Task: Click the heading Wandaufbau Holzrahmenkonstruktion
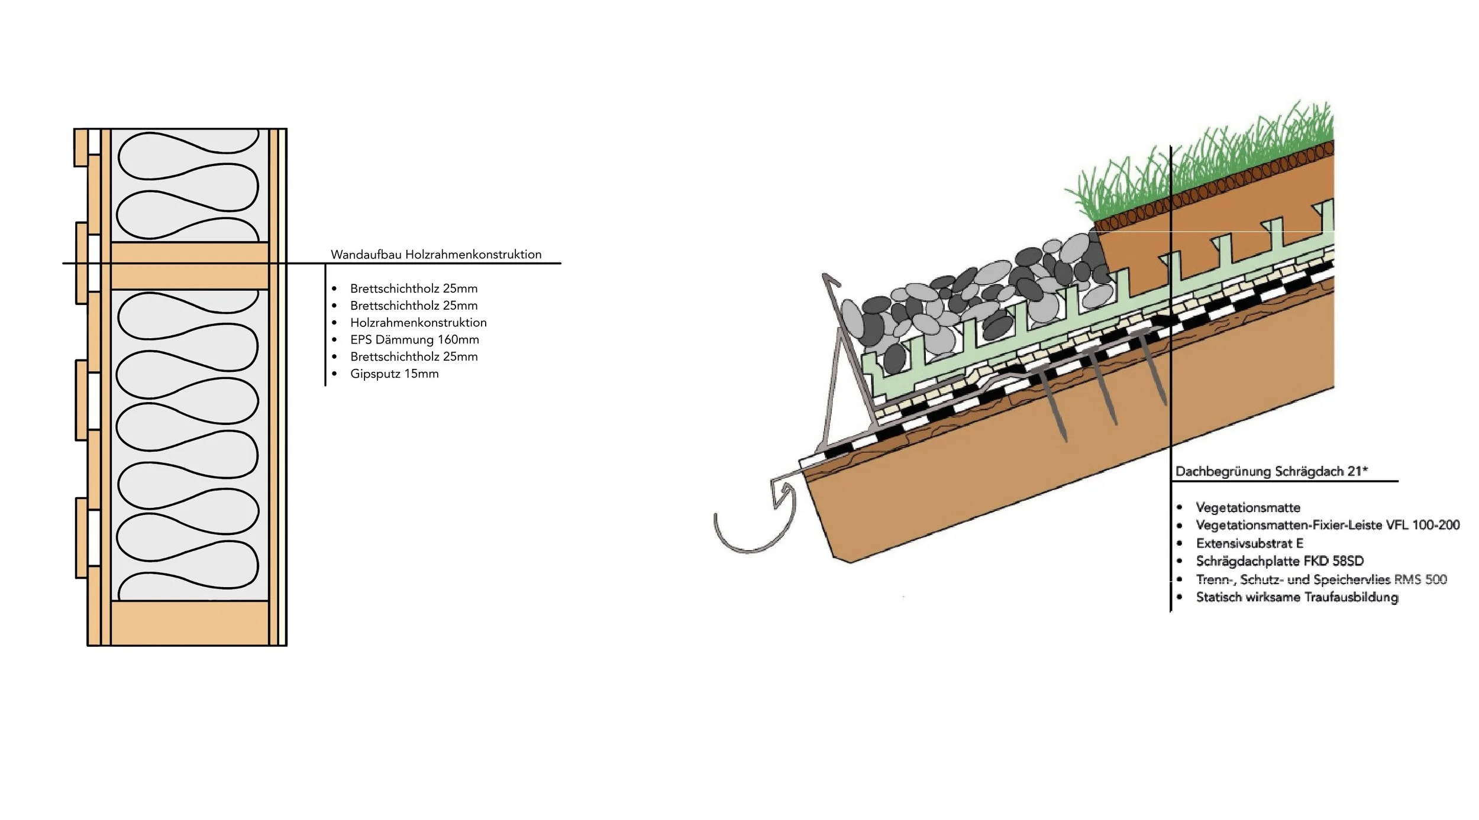(x=436, y=255)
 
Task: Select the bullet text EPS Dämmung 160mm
(x=414, y=340)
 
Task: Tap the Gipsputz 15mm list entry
(x=394, y=374)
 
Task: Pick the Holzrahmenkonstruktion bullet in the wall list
(x=418, y=323)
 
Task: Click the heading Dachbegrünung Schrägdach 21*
(x=1271, y=472)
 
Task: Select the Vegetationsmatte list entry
(x=1248, y=508)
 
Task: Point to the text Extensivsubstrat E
(x=1249, y=543)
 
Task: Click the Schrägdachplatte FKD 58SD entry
(x=1280, y=561)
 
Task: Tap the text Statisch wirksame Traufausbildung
(x=1297, y=598)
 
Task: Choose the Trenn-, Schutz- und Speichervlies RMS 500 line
(x=1321, y=579)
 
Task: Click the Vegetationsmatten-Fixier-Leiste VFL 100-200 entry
(x=1328, y=525)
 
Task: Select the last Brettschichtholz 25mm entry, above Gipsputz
(x=414, y=357)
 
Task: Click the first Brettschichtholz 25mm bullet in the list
(x=414, y=289)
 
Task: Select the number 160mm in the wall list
(x=458, y=340)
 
